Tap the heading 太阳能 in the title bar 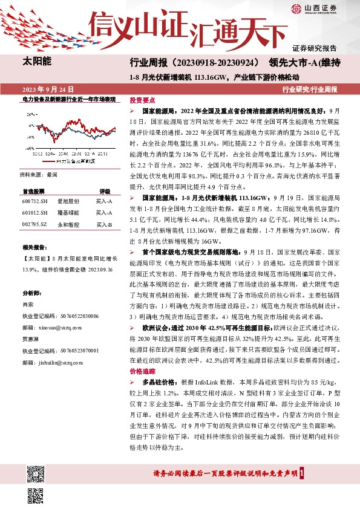click(x=36, y=62)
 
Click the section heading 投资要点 click(x=143, y=100)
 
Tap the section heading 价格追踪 click(x=143, y=371)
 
